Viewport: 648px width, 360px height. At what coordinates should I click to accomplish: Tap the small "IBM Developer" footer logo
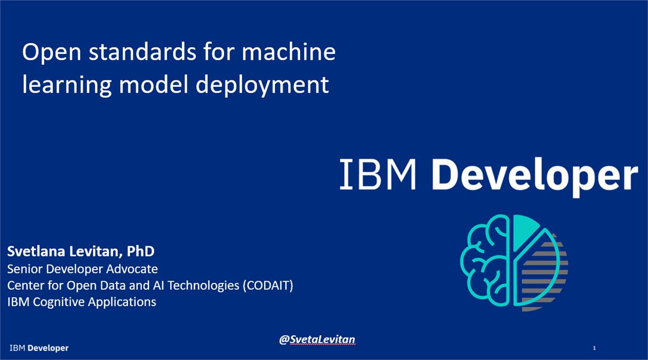pos(39,348)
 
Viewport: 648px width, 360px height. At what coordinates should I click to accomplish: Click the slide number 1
pos(594,348)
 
